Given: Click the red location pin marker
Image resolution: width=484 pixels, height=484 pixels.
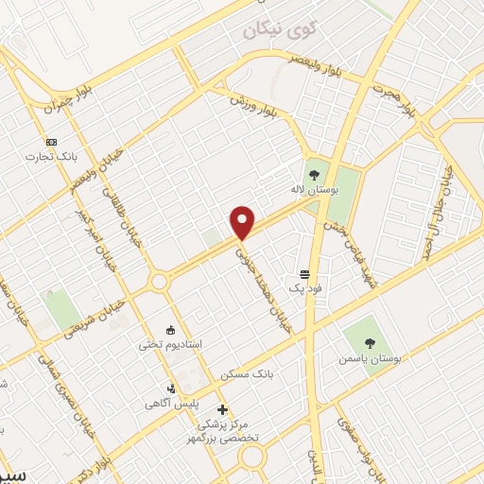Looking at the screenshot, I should pyautogui.click(x=243, y=222).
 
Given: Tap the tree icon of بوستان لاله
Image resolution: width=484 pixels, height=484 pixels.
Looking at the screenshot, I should pyautogui.click(x=314, y=174).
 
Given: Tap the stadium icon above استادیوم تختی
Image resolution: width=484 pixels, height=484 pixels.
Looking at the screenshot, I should pyautogui.click(x=170, y=331).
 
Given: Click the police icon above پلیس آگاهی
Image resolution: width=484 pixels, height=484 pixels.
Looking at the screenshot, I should pyautogui.click(x=170, y=388).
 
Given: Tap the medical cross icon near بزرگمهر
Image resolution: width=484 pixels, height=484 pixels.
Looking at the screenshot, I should pyautogui.click(x=222, y=410).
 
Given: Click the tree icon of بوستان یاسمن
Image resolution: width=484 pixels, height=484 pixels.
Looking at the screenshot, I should pyautogui.click(x=359, y=344).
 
